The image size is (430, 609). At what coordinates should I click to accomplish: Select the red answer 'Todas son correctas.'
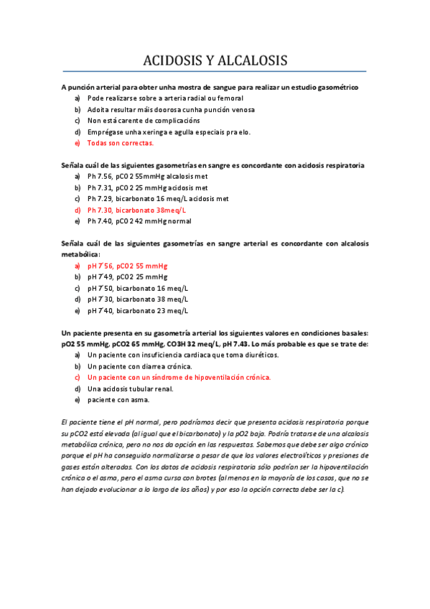tap(120, 143)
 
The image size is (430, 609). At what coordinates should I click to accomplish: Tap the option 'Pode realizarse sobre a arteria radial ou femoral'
tap(165, 98)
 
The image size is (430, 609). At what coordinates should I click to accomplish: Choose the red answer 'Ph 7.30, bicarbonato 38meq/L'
tap(136, 210)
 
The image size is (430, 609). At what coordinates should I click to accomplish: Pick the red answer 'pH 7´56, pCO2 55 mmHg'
tap(127, 266)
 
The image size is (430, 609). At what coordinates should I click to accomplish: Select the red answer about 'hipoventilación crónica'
tap(179, 377)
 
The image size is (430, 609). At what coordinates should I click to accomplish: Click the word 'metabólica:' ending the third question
tap(81, 254)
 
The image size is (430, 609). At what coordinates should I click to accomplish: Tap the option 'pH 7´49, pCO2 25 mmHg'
tap(127, 277)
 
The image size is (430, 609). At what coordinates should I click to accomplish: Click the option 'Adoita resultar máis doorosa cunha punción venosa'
tap(171, 109)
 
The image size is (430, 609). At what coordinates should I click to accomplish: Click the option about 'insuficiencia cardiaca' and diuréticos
tap(183, 355)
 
